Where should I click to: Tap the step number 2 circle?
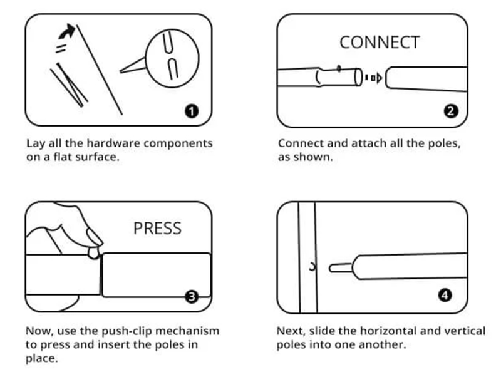point(450,112)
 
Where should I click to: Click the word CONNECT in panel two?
point(379,43)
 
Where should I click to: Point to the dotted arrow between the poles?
point(373,78)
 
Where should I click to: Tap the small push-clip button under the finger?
point(93,252)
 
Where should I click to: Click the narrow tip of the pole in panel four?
point(338,267)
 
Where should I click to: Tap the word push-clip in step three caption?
point(127,331)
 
